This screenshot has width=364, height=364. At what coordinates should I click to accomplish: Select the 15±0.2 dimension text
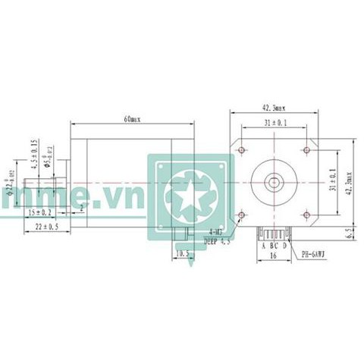click(x=39, y=212)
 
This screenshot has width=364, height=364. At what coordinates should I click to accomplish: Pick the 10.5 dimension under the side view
click(x=181, y=254)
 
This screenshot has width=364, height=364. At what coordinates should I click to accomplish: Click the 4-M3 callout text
click(x=215, y=233)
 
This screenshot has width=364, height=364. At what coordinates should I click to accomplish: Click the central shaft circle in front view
click(x=273, y=182)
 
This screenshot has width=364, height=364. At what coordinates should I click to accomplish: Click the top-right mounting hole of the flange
click(x=305, y=150)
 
